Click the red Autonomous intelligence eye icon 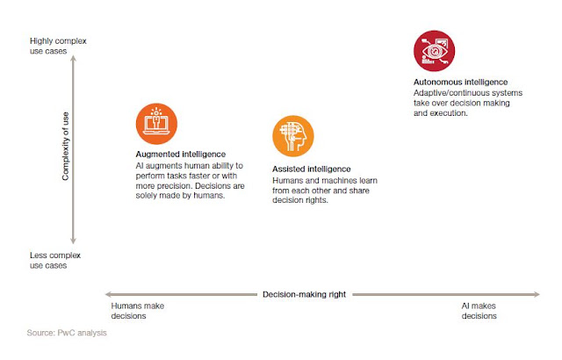(434, 51)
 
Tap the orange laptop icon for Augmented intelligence (156, 124)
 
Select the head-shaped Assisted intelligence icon (293, 136)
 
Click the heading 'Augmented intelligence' (181, 155)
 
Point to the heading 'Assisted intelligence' (312, 169)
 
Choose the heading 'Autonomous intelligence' (460, 82)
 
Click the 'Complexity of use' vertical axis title (65, 146)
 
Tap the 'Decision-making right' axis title (305, 294)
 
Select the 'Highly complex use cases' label (58, 46)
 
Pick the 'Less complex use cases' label (55, 261)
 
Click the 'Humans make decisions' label (138, 311)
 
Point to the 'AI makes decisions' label (479, 311)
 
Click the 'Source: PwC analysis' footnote (67, 333)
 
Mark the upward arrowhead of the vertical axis (73, 58)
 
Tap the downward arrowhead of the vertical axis (73, 241)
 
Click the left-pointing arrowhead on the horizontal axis (108, 294)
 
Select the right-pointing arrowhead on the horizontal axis (537, 294)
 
